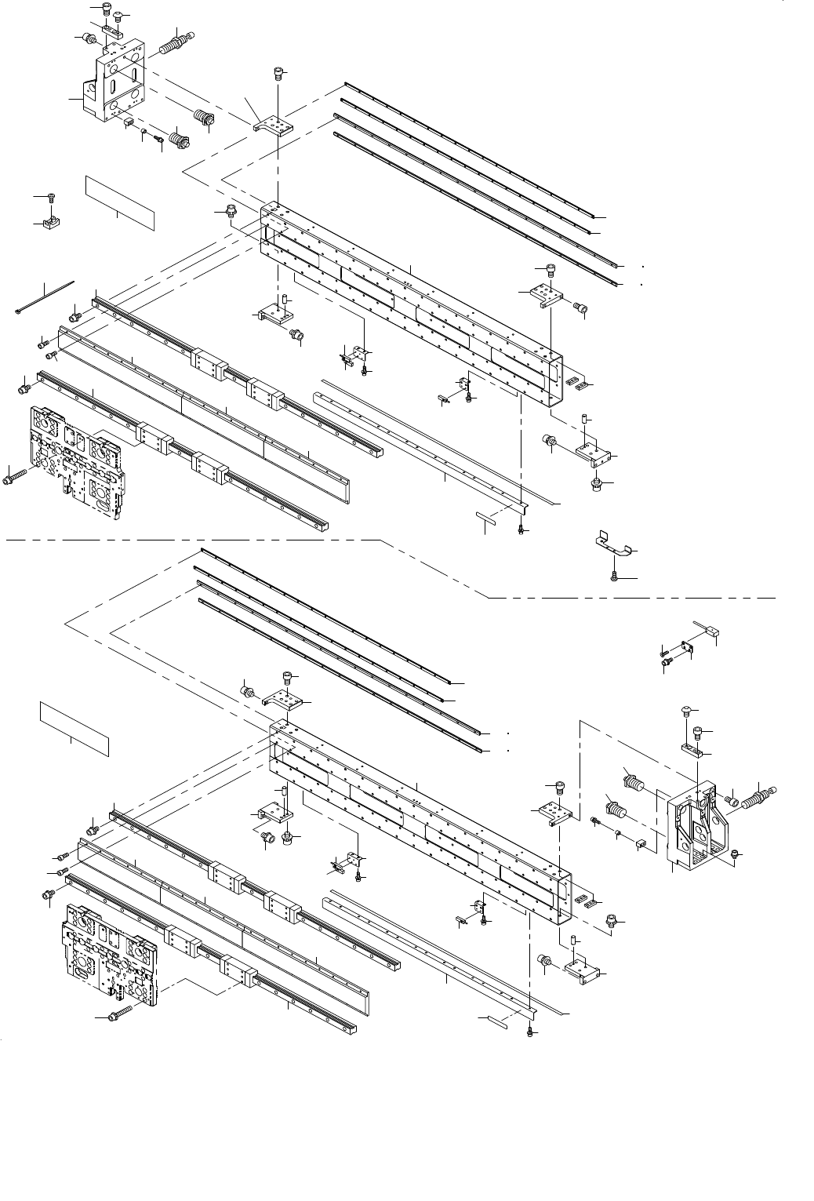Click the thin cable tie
(45, 297)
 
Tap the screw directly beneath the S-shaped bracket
(614, 577)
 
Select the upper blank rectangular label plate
(120, 203)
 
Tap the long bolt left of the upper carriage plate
(16, 475)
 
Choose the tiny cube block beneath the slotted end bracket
(128, 122)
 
